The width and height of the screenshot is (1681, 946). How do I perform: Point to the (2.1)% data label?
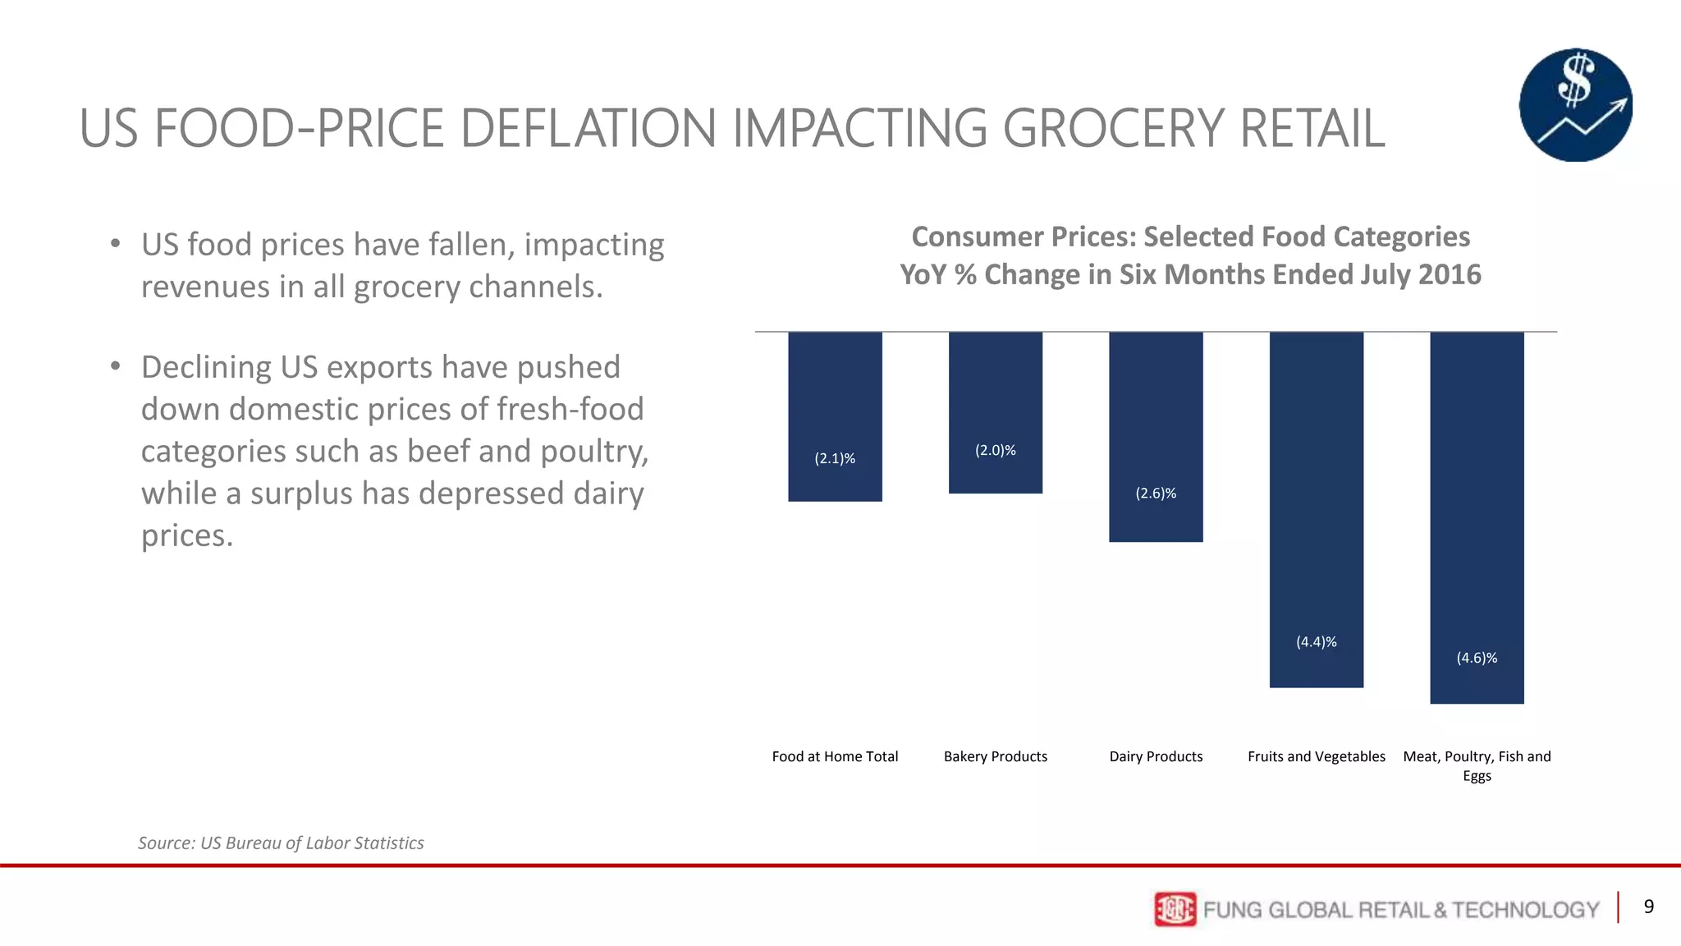(835, 458)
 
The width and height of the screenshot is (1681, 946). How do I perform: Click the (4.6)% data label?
(1477, 658)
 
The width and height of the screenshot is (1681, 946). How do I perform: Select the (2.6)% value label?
(1156, 493)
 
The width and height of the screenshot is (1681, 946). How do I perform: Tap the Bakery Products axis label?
(995, 756)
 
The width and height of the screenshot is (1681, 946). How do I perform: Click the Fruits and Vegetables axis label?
(1316, 756)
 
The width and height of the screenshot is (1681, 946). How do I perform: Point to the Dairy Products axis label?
(1156, 756)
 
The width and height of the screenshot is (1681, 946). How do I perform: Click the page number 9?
(1648, 907)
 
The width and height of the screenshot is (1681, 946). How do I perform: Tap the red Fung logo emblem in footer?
(1175, 909)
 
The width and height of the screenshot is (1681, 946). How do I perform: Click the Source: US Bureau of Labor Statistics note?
(281, 843)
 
